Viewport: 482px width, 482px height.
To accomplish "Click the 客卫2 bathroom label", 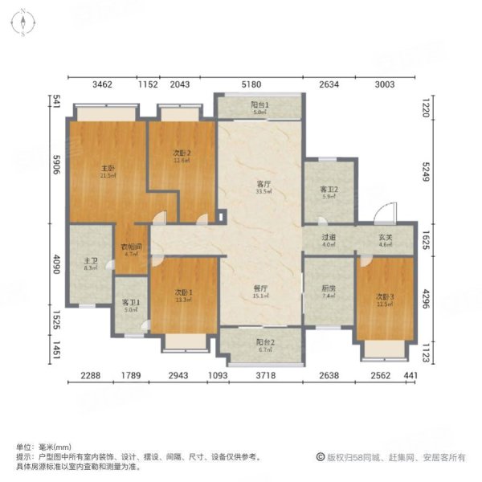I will pyautogui.click(x=329, y=191).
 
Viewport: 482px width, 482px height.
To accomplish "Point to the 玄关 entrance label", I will pyautogui.click(x=384, y=238).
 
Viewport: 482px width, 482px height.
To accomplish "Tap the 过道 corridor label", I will pyautogui.click(x=328, y=238).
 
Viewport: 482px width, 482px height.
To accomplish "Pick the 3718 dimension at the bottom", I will pyautogui.click(x=267, y=376).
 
